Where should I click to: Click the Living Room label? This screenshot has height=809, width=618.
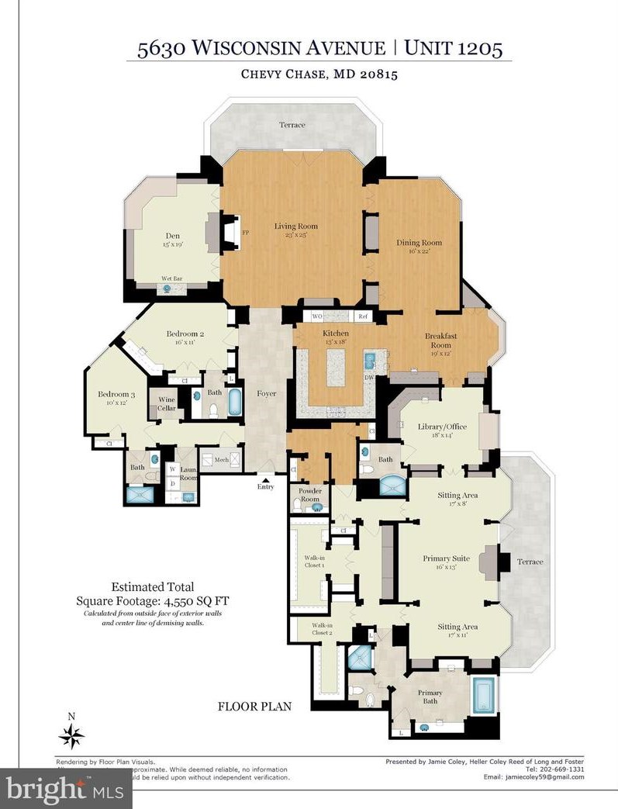(295, 226)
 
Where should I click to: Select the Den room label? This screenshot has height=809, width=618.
(173, 237)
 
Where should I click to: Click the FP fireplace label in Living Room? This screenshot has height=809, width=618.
(246, 232)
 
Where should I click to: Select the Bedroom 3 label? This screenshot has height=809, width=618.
(112, 395)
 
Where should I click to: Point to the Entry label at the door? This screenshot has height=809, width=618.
(266, 486)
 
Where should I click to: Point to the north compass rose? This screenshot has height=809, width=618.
(71, 735)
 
